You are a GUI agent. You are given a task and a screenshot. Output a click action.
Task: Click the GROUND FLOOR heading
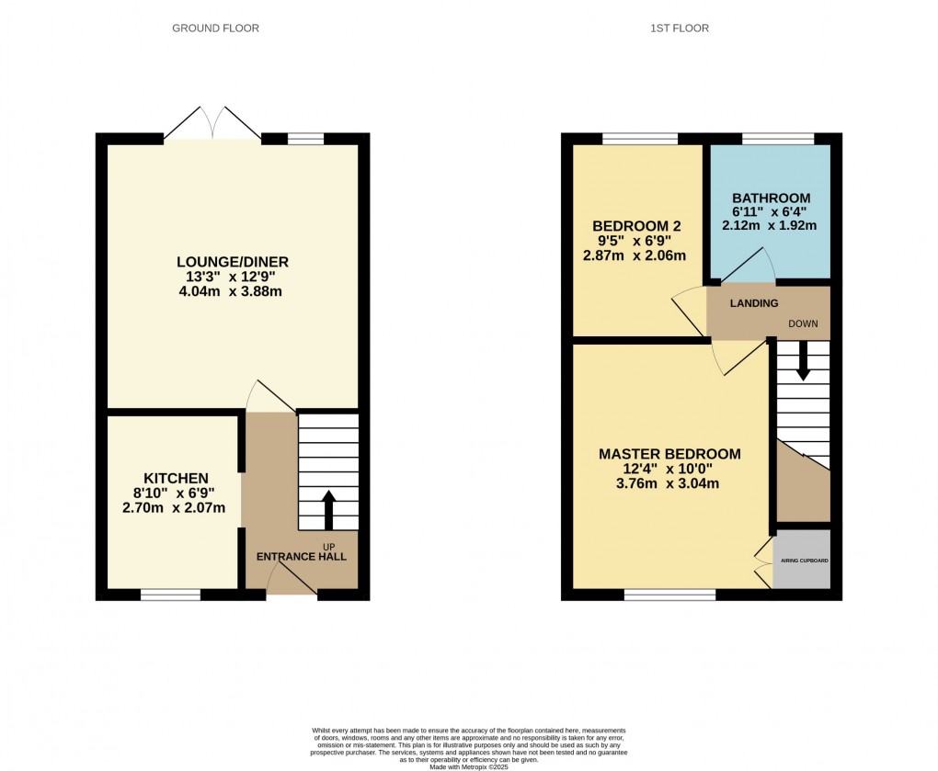216,28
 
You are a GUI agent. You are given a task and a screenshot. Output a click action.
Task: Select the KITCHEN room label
176,478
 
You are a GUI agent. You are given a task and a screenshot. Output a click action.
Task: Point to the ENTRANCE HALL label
301,557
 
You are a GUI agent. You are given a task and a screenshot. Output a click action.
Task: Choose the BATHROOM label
771,198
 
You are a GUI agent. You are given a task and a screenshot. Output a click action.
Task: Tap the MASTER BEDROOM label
669,454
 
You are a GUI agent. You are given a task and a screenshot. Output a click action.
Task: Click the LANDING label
754,303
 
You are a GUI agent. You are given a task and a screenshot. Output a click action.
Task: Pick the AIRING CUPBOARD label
803,560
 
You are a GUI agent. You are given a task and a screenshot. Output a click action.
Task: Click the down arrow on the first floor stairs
803,361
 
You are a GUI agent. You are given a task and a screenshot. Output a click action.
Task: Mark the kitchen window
170,595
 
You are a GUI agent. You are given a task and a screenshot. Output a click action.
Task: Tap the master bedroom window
669,595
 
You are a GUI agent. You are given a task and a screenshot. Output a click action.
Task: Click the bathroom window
778,139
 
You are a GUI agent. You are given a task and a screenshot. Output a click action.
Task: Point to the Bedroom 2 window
640,139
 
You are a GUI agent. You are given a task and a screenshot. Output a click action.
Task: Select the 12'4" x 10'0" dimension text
669,469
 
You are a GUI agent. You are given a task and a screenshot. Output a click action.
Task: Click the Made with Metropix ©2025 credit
469,767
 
